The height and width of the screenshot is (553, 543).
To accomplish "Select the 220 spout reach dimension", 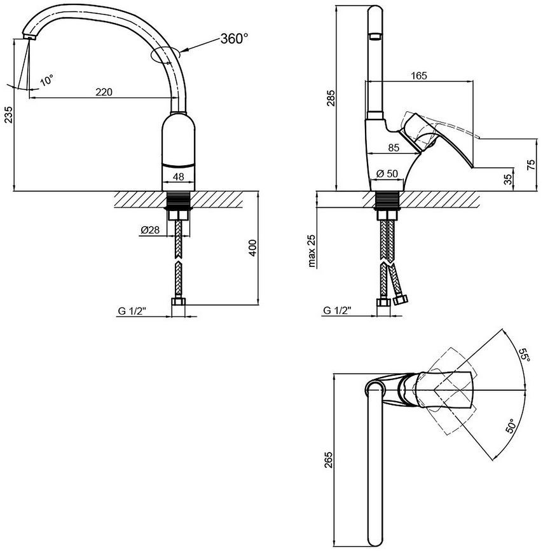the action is coord(104,92).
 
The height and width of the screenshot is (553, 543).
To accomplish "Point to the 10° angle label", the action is coord(46,80).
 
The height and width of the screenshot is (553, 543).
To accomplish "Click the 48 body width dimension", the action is coord(179,176).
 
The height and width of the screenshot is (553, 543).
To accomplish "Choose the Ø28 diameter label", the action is coord(150,230).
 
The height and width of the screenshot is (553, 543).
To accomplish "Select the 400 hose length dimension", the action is coord(252,249).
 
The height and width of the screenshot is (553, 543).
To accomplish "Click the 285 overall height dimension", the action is coord(331,98).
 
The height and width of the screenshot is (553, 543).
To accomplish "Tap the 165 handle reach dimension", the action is coord(419,76).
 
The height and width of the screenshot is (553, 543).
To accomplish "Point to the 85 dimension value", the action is coord(394,147).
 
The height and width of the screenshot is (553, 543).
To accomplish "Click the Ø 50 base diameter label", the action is coord(387,174).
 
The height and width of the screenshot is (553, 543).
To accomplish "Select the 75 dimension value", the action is coord(531,165).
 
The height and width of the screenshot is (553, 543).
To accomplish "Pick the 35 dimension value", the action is coord(508,179).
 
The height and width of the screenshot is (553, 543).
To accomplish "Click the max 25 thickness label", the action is coord(312,250).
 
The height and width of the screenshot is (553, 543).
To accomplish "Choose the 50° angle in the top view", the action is coord(511,425).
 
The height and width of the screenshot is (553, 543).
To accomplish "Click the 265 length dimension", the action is coord(329,460).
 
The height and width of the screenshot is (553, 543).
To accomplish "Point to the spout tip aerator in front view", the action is coord(30,36).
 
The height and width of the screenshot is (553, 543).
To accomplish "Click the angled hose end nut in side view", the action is coord(401,301).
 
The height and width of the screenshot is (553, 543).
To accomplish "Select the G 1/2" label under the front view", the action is coord(132,311).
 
